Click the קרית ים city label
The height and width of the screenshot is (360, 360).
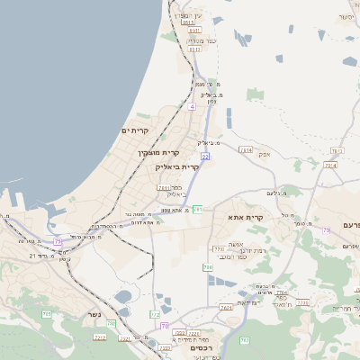pos(133,131)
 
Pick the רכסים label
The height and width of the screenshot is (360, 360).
pos(202,347)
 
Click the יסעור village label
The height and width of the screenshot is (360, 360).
pos(347,17)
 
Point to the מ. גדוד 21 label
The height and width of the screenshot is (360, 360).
pos(44,256)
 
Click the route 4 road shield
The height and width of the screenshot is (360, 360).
pos(192,106)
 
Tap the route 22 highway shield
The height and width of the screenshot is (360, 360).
pos(205,157)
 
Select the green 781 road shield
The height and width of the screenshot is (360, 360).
pos(198,210)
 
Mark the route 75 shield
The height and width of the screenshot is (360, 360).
pos(58,241)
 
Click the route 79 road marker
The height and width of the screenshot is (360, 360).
pos(326,231)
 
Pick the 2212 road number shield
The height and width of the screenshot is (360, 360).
pos(100,337)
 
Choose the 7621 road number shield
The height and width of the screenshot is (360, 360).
pos(225,307)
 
